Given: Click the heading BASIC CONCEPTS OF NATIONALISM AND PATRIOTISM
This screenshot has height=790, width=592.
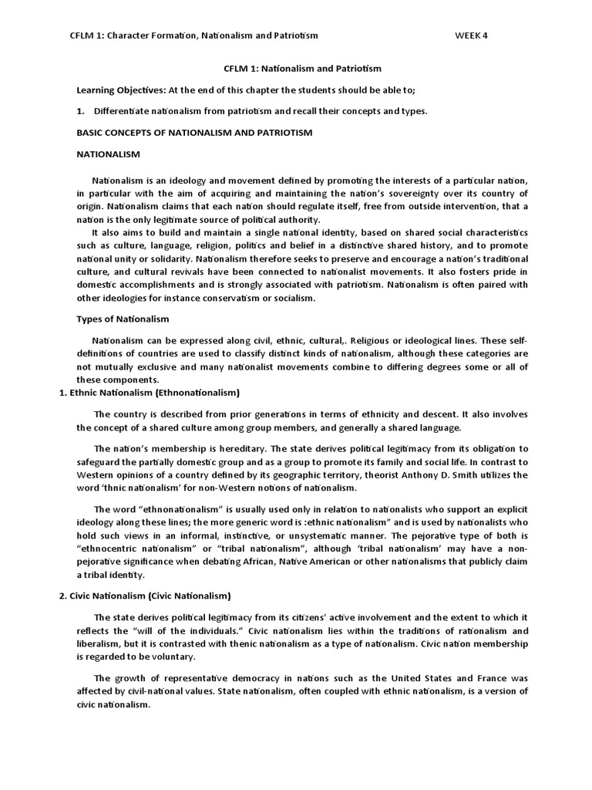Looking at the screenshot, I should (194, 133).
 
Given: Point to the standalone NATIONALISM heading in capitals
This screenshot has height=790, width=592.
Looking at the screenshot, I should (108, 154).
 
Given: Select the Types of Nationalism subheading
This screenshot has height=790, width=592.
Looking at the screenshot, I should (123, 319).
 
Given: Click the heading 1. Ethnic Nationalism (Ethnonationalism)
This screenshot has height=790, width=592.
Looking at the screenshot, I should (150, 393).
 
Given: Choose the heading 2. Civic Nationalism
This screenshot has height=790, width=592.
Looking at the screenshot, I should (145, 596).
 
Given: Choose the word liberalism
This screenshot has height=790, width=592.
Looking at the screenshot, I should (100, 643).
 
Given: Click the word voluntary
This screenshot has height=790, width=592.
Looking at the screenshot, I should (169, 657).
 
